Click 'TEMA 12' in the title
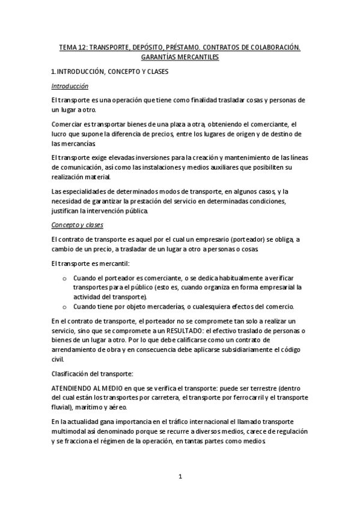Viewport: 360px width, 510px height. coord(72,47)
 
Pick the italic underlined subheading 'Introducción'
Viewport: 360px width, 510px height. coord(70,86)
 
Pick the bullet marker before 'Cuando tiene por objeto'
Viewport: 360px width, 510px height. coord(65,307)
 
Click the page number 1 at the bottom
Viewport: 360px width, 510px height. coord(180,478)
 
